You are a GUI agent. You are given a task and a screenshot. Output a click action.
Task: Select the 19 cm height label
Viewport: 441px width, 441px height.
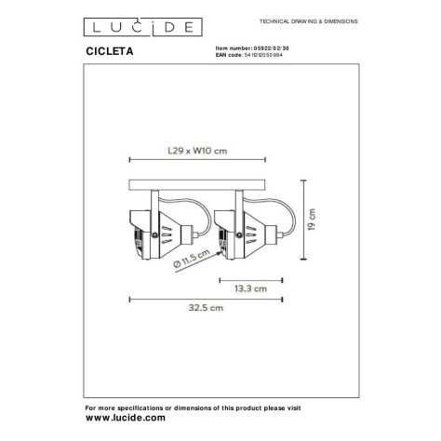pos(313,219)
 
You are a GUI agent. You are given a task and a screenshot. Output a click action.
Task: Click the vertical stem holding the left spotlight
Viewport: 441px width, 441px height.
pos(156,198)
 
